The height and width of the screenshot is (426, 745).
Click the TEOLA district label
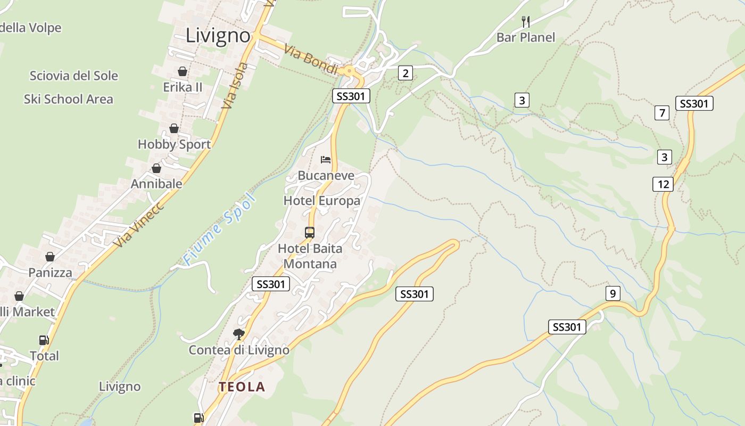(242, 387)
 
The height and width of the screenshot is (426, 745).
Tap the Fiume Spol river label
(219, 230)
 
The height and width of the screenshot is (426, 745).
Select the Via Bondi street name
(311, 60)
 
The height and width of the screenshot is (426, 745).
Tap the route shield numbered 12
(663, 184)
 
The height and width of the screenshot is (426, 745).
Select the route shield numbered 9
(612, 293)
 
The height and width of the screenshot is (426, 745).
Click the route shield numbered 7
(662, 113)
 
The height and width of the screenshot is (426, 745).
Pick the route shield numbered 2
(405, 73)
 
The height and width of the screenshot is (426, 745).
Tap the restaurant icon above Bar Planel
(526, 21)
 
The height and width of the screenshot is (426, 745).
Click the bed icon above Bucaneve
(326, 159)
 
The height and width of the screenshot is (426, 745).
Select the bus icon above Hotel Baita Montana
(309, 232)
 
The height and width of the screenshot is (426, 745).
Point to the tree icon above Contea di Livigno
(239, 334)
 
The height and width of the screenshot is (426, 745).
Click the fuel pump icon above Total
(44, 340)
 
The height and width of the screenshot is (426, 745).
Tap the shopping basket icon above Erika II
(183, 71)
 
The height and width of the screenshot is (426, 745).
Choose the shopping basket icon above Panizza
(49, 257)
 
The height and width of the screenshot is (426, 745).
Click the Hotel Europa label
(322, 201)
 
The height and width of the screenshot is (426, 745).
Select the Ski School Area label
(69, 99)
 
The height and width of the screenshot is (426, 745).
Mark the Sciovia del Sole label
(73, 76)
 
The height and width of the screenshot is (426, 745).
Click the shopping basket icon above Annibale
(156, 168)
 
